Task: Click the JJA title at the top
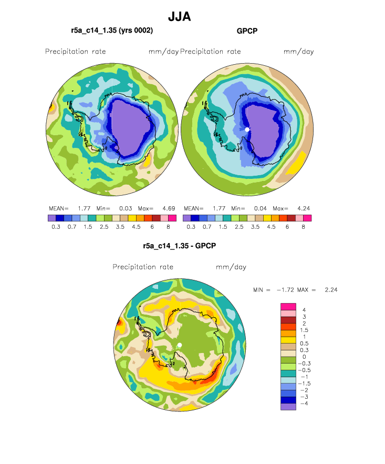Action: tap(179, 17)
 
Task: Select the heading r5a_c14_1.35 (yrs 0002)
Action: tap(112, 31)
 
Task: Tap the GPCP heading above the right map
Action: tap(247, 31)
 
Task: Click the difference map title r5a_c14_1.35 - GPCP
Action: tap(179, 246)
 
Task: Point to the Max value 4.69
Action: tap(169, 209)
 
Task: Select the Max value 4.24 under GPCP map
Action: tap(304, 209)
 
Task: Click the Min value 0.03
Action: tap(126, 209)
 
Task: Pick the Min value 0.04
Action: tap(261, 209)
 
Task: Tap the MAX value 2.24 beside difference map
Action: tap(331, 290)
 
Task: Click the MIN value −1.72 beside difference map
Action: tap(285, 290)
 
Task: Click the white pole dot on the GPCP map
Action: tap(247, 129)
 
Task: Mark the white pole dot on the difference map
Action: tap(180, 345)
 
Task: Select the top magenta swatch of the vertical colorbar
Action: tap(288, 307)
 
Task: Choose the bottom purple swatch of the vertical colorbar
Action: tap(288, 407)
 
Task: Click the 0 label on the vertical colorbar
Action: tap(304, 357)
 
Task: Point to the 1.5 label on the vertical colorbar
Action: tap(304, 330)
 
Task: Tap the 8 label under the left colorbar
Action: tap(168, 227)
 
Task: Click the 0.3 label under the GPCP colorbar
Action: tap(191, 227)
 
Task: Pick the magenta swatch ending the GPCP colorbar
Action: tap(307, 218)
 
